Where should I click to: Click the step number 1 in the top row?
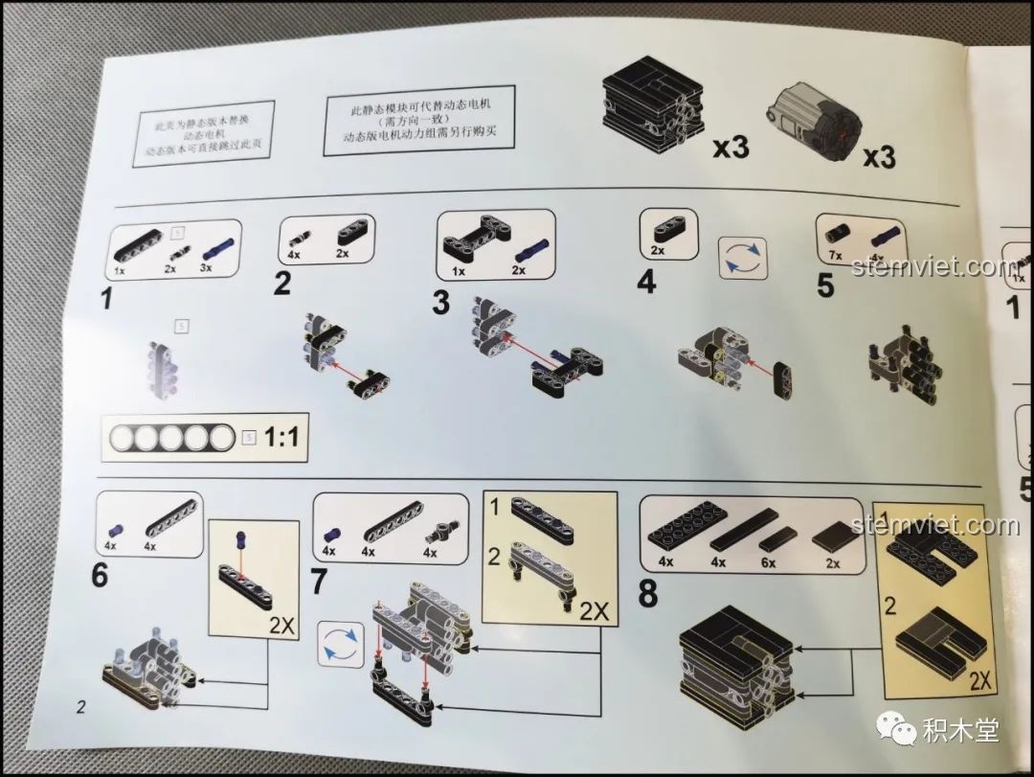point(106,298)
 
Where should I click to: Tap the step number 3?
point(440,302)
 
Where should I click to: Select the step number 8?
point(648,595)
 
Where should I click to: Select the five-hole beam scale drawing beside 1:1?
point(170,439)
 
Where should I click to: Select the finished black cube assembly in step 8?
point(735,666)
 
